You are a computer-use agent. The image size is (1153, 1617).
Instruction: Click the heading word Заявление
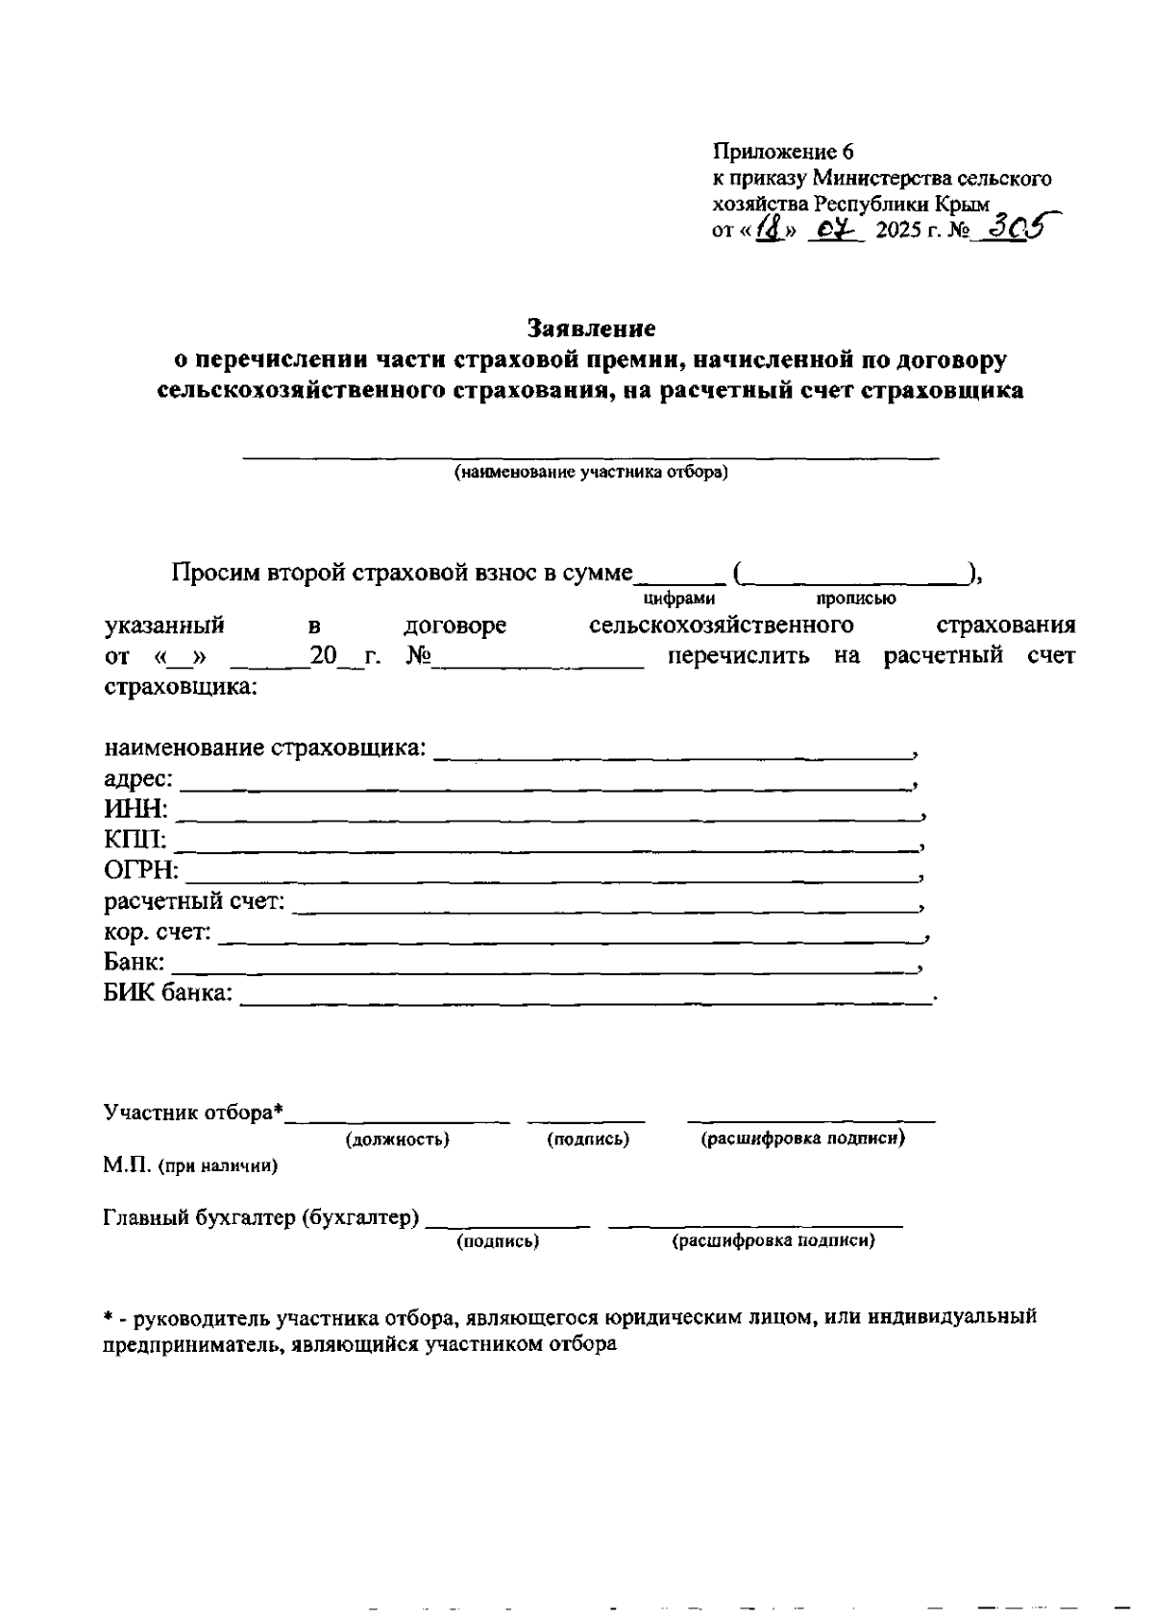[592, 329]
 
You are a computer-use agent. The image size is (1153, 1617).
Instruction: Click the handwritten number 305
[1018, 228]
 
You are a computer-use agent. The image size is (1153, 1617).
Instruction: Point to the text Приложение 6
[782, 152]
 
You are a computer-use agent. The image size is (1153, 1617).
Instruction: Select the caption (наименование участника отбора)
[591, 473]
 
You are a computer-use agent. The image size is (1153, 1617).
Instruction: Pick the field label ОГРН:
[140, 871]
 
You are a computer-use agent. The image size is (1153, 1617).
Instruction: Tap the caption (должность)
[397, 1139]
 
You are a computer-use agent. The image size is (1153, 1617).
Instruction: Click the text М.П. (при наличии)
[190, 1165]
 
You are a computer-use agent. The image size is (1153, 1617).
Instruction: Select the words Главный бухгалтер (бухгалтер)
[261, 1217]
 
